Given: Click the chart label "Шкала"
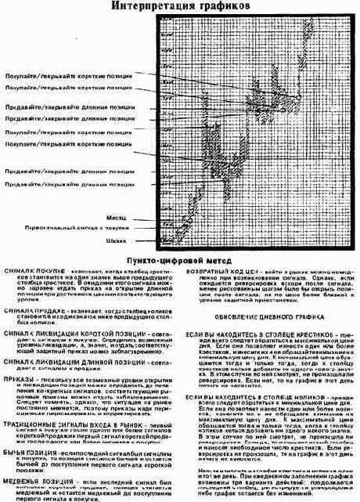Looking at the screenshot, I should click(x=117, y=240).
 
